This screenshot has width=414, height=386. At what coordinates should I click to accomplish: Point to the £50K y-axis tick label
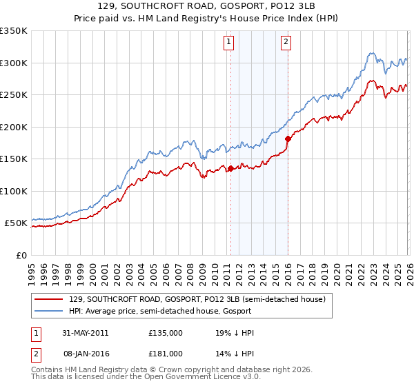(x=15, y=223)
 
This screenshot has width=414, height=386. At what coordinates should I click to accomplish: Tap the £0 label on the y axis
(x=21, y=255)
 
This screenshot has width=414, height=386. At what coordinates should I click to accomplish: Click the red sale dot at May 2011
(x=230, y=168)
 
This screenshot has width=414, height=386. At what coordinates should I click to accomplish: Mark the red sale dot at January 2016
(x=287, y=139)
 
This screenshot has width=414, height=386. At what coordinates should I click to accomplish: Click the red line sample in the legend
(x=50, y=299)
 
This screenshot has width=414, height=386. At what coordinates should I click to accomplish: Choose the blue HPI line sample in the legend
(x=50, y=311)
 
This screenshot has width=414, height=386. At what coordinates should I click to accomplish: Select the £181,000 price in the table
(x=166, y=354)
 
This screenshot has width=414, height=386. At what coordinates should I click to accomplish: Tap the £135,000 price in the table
(x=166, y=333)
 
